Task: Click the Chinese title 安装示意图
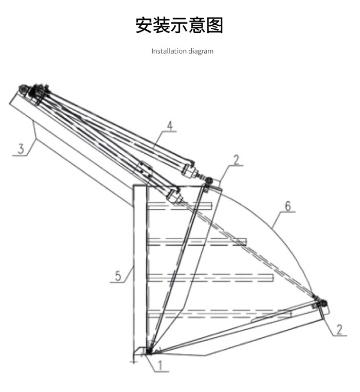coord(179,25)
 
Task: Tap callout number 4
coord(170,126)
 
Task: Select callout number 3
coord(21,149)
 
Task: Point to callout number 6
coord(288,206)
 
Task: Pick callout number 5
coord(118,276)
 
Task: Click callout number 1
coord(160,365)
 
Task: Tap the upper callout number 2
coord(236,161)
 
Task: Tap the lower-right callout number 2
coord(339,330)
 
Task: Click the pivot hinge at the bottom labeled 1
coord(149,351)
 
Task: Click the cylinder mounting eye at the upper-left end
coord(23,88)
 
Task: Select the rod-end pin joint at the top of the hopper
coord(208,180)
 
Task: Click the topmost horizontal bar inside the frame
coord(179,206)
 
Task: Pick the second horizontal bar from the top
coord(197,242)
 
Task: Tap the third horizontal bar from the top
coord(210,278)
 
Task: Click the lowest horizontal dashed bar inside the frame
coord(219,314)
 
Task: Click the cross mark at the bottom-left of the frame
coord(134,361)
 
